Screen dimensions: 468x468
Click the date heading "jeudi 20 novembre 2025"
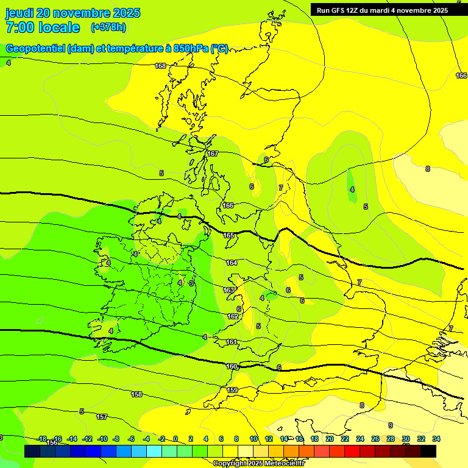73,13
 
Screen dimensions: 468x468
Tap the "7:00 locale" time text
43,27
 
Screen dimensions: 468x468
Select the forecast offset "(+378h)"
108,27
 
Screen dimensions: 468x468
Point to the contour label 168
160,66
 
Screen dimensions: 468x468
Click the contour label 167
213,154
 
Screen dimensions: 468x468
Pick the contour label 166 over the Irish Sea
228,205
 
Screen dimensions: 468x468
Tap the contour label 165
229,235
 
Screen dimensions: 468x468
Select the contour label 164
232,263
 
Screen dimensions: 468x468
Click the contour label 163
229,290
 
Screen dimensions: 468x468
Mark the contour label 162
233,316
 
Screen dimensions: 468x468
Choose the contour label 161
232,342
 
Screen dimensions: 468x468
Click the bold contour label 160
232,366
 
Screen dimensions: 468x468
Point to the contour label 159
232,390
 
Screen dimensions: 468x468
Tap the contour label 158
136,394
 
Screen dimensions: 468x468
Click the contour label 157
102,417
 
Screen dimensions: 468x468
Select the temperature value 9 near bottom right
391,425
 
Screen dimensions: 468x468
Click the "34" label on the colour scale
436,439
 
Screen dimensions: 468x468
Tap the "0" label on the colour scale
175,439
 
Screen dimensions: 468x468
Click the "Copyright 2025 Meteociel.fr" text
258,463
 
